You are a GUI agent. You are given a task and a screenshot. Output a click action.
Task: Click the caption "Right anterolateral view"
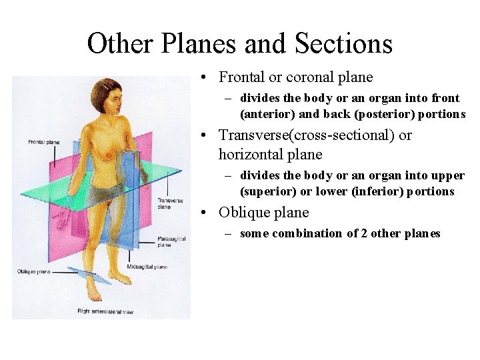coord(105,311)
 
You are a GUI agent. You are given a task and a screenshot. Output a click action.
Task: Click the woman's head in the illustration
coord(107,97)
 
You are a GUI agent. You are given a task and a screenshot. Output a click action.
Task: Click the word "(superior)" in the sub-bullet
coord(269,191)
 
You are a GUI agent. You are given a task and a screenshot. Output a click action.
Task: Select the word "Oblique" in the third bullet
coord(244,213)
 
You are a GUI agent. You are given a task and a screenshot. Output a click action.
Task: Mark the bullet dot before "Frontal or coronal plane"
coord(209,77)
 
